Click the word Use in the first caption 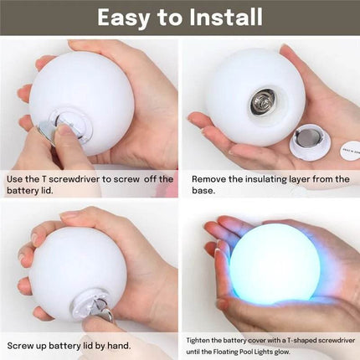click(16, 178)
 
